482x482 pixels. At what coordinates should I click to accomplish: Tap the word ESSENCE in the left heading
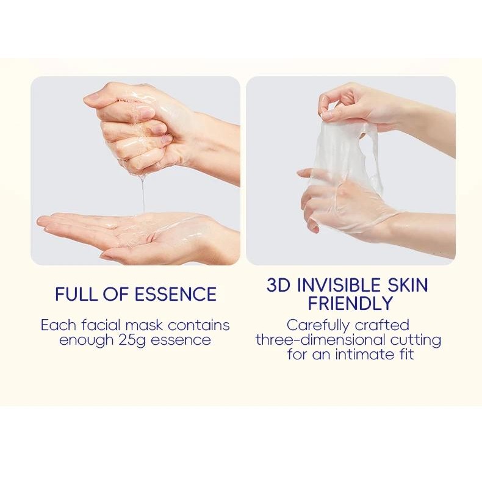click(x=176, y=293)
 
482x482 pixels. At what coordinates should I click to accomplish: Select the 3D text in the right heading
click(x=278, y=285)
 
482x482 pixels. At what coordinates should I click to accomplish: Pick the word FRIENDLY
click(x=351, y=303)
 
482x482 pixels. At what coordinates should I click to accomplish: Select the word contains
click(x=199, y=325)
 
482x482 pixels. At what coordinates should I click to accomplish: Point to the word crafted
click(x=382, y=325)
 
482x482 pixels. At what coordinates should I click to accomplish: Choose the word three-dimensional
click(x=320, y=340)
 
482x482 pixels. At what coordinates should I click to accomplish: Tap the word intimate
click(x=365, y=354)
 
